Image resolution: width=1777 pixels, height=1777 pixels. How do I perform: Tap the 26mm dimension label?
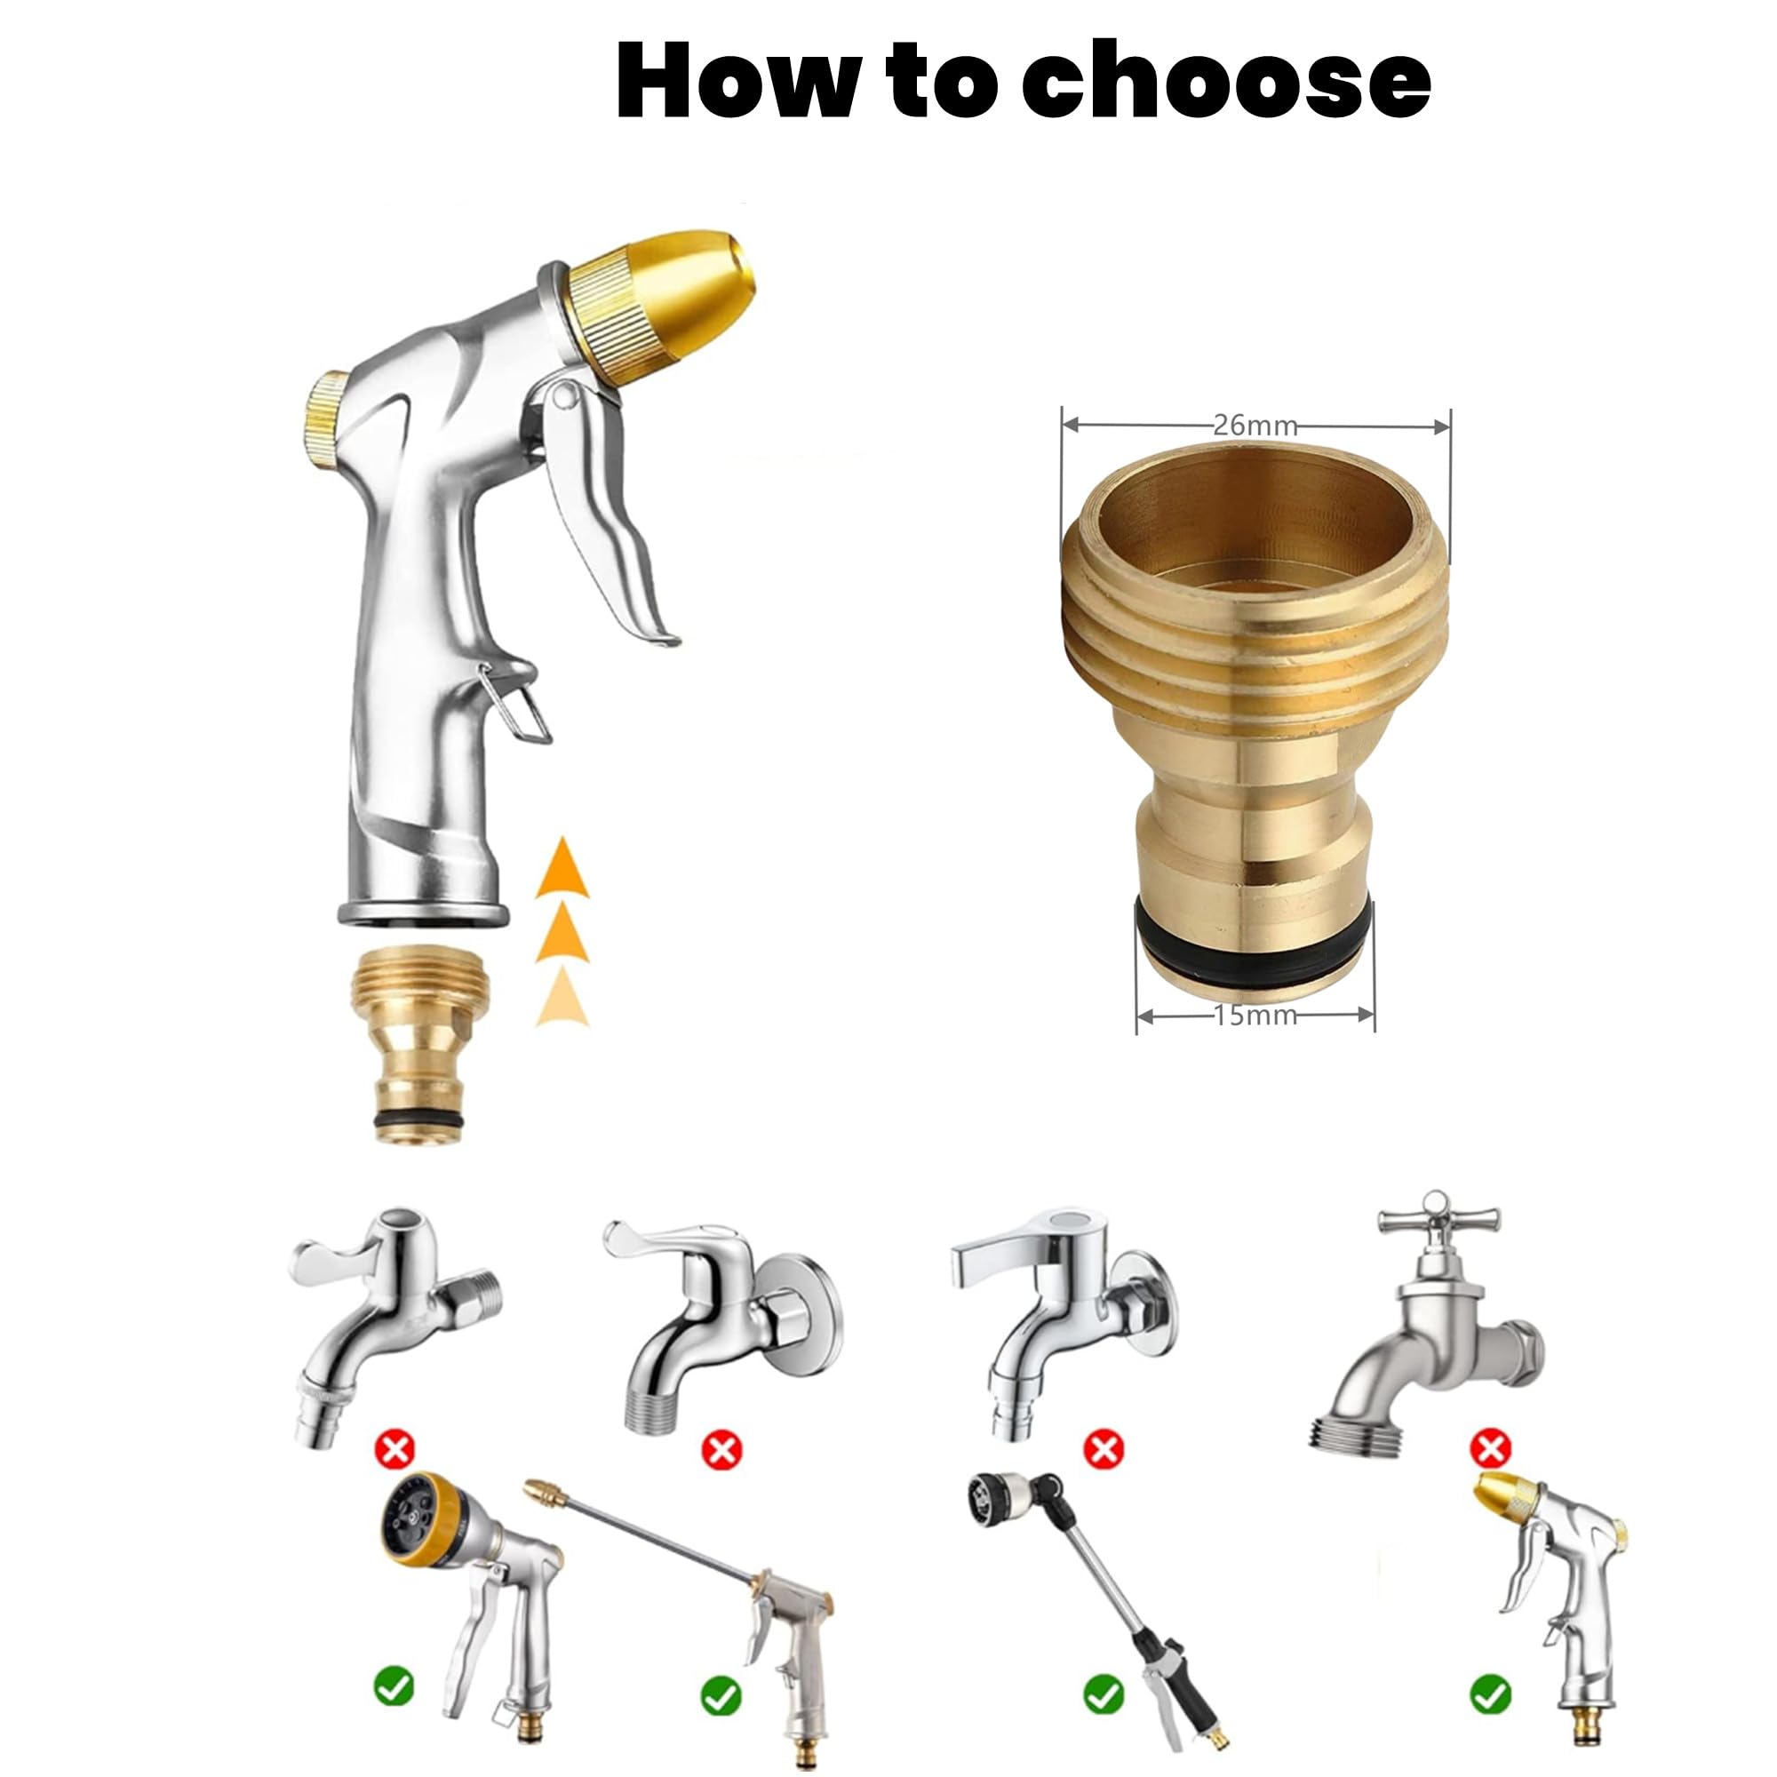1255,425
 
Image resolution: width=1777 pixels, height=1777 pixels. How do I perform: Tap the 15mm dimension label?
1255,1016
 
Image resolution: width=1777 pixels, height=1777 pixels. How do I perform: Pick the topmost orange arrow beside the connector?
562,869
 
